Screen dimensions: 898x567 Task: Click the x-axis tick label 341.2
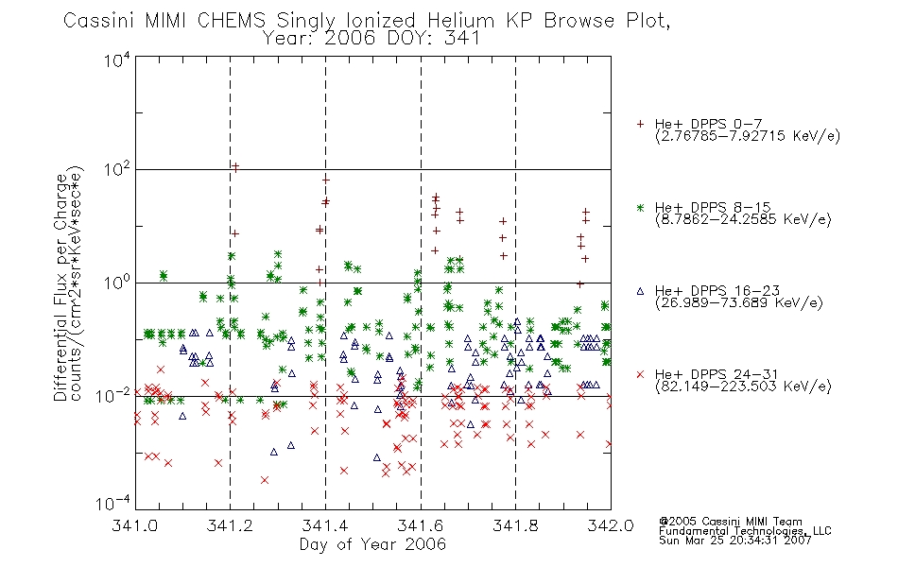click(230, 525)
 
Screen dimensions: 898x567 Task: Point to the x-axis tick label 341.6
click(421, 525)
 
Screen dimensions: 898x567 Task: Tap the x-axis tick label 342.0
click(611, 525)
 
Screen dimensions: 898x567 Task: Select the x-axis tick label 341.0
click(135, 525)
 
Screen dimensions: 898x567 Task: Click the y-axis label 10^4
click(117, 60)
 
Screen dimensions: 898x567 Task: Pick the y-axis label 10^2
click(117, 169)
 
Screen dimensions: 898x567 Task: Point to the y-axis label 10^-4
click(112, 503)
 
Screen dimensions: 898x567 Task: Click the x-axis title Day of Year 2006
click(372, 544)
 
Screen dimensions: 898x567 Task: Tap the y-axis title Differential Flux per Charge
click(60, 287)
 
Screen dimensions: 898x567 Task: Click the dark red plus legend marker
click(640, 124)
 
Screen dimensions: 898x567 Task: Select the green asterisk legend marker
click(640, 207)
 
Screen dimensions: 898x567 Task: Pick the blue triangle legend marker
click(640, 291)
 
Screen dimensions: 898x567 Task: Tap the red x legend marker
click(640, 374)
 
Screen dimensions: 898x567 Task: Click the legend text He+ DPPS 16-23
click(717, 291)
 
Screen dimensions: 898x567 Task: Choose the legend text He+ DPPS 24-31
click(717, 374)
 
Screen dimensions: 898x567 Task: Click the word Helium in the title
click(460, 21)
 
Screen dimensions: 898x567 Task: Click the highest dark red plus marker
click(234, 167)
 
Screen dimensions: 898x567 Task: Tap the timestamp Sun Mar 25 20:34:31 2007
click(734, 541)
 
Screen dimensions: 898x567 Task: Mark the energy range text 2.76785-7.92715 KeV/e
click(748, 136)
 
